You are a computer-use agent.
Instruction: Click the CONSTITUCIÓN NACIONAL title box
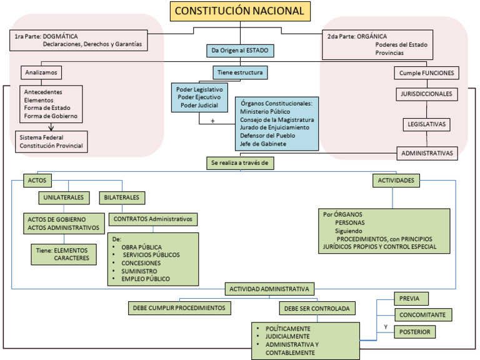tap(240, 11)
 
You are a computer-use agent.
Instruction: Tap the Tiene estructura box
tap(241, 72)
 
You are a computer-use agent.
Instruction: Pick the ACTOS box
tap(37, 180)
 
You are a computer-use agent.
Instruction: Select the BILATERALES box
tap(122, 198)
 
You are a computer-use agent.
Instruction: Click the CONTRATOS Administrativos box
tap(153, 219)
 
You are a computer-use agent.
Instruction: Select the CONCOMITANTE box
tap(423, 315)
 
